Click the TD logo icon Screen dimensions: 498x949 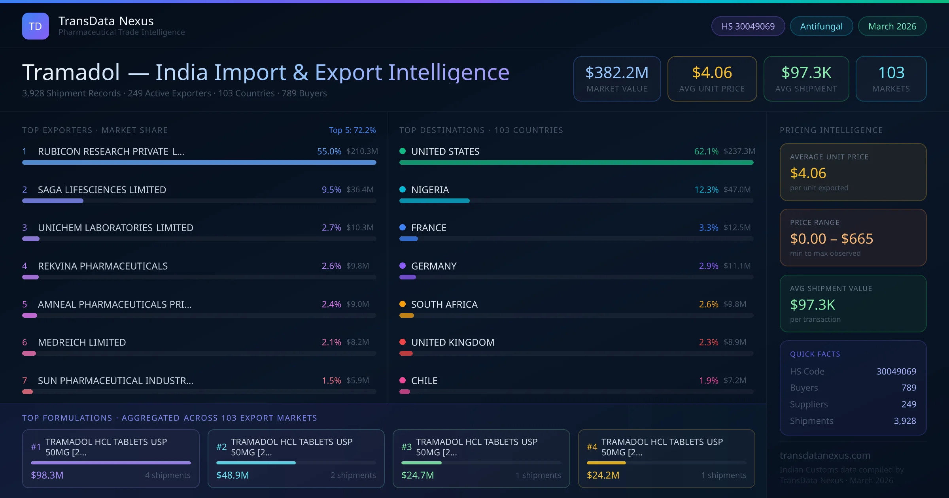[x=36, y=26]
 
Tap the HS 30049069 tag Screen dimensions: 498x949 [x=748, y=26]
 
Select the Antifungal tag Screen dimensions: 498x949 [x=821, y=26]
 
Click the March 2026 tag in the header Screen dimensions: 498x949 [x=892, y=26]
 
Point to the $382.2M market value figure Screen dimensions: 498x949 [x=617, y=72]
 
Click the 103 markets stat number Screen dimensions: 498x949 [x=891, y=72]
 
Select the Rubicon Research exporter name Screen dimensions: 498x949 [x=111, y=151]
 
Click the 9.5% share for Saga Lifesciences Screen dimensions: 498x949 [x=331, y=190]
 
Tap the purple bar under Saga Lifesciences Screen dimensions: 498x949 [x=53, y=201]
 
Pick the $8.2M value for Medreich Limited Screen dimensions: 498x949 [x=357, y=342]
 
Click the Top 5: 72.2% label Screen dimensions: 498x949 [x=352, y=130]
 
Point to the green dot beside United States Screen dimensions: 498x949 [x=403, y=151]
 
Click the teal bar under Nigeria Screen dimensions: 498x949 [x=434, y=201]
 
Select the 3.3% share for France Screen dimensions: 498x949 [x=709, y=228]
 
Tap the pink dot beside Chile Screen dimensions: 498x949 [x=403, y=380]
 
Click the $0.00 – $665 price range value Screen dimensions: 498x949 [x=831, y=239]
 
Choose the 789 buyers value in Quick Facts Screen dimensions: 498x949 [x=909, y=388]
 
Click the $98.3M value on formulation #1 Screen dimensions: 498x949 [x=47, y=475]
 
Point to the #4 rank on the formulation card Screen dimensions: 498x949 [x=592, y=447]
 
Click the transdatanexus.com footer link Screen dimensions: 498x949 [x=825, y=455]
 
